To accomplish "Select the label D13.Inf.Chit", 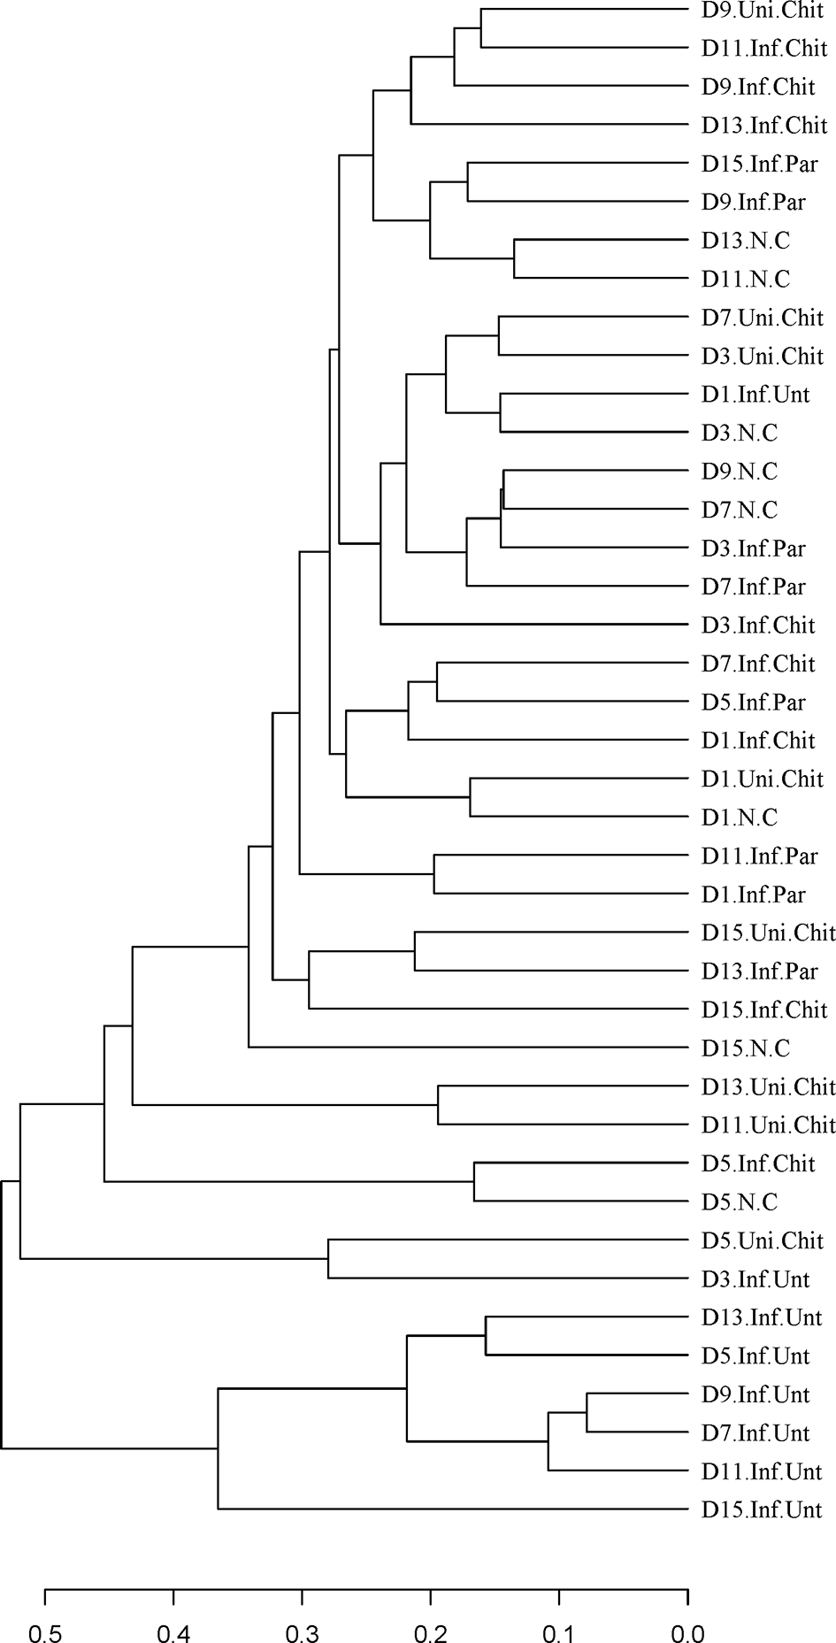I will (x=764, y=126).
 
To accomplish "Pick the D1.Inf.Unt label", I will (x=755, y=395).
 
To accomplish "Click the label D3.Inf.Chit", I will (x=758, y=626).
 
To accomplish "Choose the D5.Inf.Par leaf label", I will (x=754, y=702).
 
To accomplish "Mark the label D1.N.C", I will (x=740, y=818).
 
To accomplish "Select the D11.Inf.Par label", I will (x=760, y=856).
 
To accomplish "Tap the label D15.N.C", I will (x=745, y=1048).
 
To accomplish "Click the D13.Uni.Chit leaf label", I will (x=769, y=1086).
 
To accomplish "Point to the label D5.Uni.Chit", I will (x=763, y=1240).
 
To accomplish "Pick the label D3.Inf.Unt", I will (x=755, y=1279).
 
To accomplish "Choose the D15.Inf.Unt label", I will (x=762, y=1509).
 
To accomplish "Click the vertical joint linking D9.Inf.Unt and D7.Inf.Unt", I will (x=587, y=1413).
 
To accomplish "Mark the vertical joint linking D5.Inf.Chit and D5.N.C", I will (x=474, y=1182).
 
